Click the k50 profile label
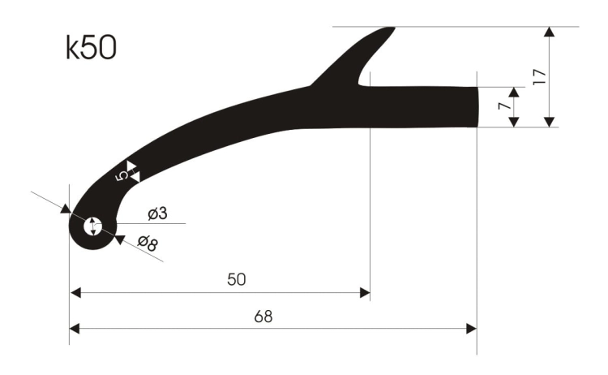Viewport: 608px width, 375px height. [x=91, y=50]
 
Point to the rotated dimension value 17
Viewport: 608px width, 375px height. [x=539, y=77]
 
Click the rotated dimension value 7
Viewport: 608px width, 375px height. [x=503, y=106]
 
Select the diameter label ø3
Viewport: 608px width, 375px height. [x=157, y=213]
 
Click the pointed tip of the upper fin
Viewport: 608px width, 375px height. [x=391, y=29]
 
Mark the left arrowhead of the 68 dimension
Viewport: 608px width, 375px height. [x=75, y=328]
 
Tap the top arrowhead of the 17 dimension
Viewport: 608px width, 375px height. [x=550, y=32]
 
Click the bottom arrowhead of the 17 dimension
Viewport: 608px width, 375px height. [x=550, y=121]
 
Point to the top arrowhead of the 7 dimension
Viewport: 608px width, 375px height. [x=513, y=92]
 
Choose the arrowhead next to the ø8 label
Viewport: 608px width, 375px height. [x=118, y=239]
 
